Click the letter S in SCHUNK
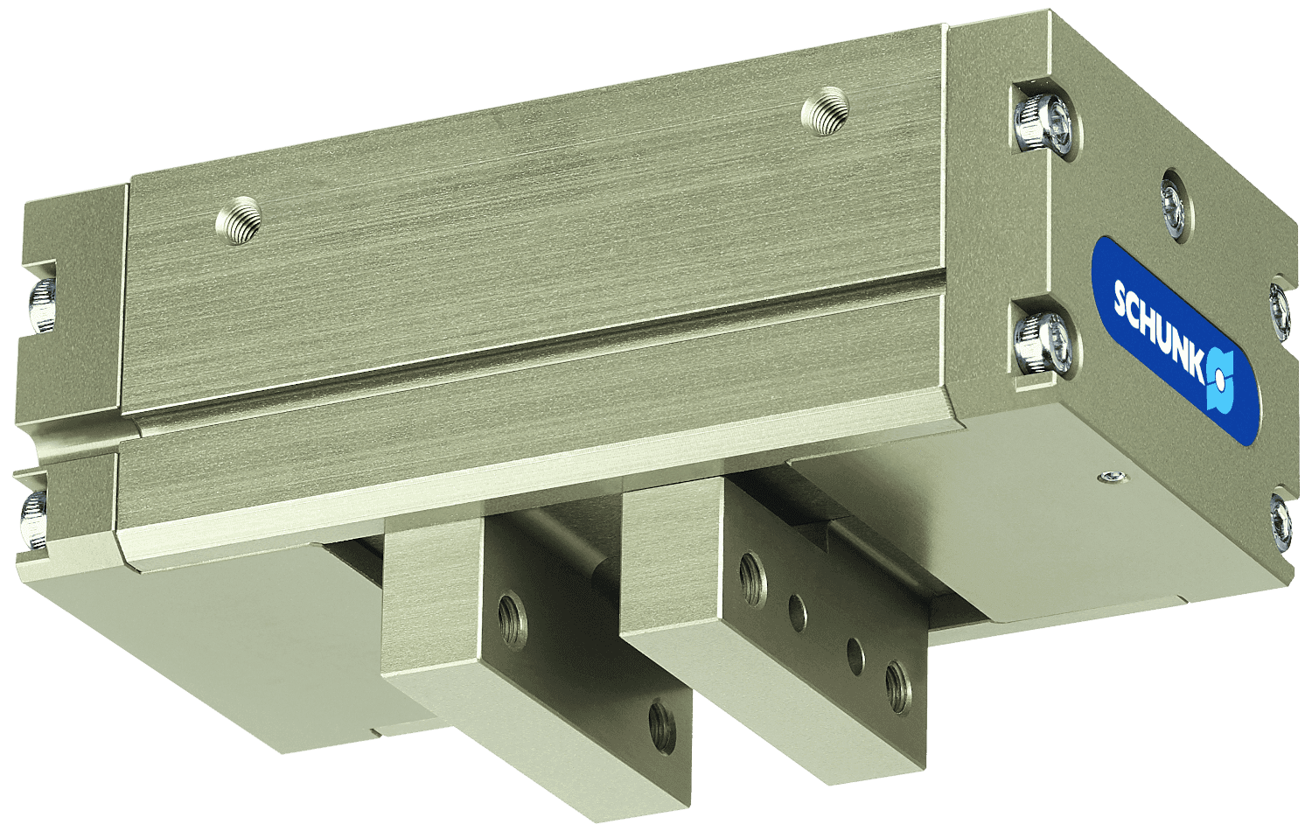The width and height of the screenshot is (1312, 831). pyautogui.click(x=1121, y=298)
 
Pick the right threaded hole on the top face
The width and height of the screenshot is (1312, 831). pyautogui.click(x=825, y=111)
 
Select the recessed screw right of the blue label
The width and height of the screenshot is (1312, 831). pyautogui.click(x=1279, y=310)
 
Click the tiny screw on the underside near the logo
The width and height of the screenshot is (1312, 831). pyautogui.click(x=1112, y=477)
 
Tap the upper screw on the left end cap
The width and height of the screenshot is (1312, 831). pyautogui.click(x=40, y=306)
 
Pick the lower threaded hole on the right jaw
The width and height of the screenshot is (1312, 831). pyautogui.click(x=897, y=683)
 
